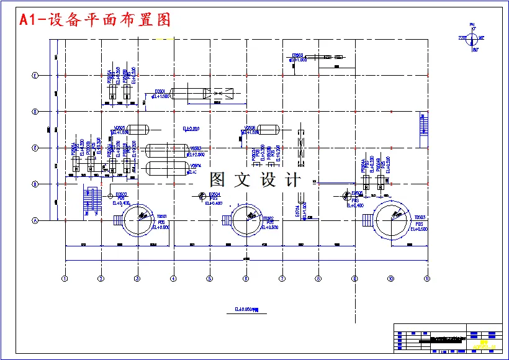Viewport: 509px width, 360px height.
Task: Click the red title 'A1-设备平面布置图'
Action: coord(95,20)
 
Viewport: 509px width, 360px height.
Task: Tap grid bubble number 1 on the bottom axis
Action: coord(65,279)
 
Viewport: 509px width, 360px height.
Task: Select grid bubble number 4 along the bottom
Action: coord(173,279)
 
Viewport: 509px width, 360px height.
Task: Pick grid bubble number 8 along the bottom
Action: coord(318,279)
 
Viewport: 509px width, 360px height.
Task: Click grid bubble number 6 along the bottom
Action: coord(246,279)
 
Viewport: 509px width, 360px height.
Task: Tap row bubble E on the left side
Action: coord(35,75)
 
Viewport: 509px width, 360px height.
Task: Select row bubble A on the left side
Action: coord(35,220)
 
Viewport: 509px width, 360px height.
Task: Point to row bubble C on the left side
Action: coord(35,148)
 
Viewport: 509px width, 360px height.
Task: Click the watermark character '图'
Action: coord(218,180)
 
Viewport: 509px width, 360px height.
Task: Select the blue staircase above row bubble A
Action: coord(91,200)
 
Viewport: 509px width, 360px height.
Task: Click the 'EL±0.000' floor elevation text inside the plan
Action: coord(191,128)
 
